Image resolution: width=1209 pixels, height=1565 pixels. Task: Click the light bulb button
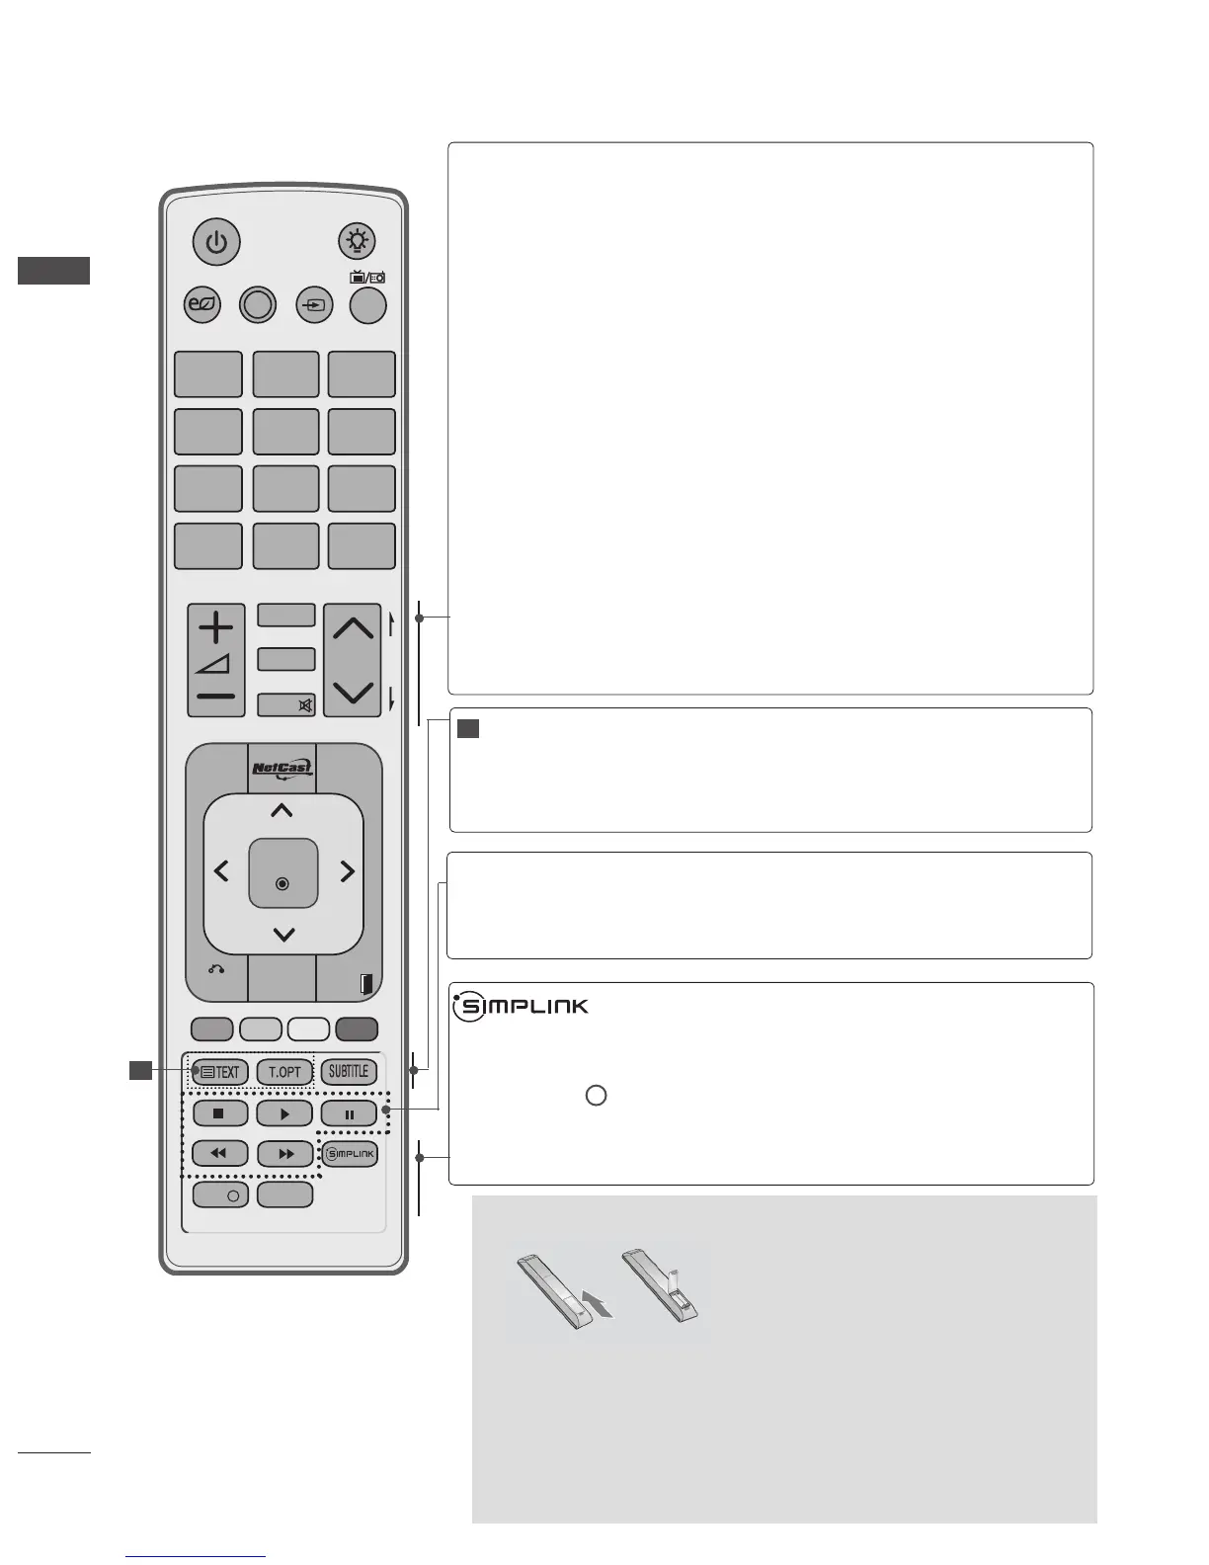pyautogui.click(x=357, y=241)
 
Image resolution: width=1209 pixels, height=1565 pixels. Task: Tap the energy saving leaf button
pyautogui.click(x=203, y=305)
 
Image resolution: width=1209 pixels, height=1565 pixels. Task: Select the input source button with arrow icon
pyautogui.click(x=314, y=305)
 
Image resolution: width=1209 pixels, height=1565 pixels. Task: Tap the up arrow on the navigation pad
pyautogui.click(x=282, y=811)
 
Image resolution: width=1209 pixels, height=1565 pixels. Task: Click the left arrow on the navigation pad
pyautogui.click(x=221, y=871)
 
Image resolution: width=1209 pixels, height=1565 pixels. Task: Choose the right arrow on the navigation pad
pyautogui.click(x=347, y=871)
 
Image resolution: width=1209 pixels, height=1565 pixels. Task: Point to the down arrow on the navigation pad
pyautogui.click(x=283, y=934)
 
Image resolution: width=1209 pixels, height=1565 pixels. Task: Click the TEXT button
pyautogui.click(x=219, y=1072)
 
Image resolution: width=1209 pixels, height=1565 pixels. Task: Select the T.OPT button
pyautogui.click(x=284, y=1072)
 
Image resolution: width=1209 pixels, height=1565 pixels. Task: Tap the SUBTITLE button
pyautogui.click(x=349, y=1072)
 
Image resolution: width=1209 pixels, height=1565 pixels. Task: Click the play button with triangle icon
pyautogui.click(x=284, y=1113)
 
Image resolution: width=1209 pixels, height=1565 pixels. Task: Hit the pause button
pyautogui.click(x=349, y=1113)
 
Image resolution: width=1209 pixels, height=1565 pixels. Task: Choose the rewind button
pyautogui.click(x=219, y=1153)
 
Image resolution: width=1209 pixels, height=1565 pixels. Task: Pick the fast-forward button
pyautogui.click(x=284, y=1153)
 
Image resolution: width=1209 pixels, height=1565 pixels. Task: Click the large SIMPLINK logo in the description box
pyautogui.click(x=522, y=1007)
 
